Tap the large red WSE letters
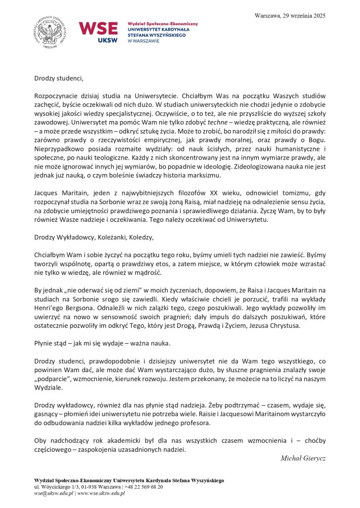coord(98,29)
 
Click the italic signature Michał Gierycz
coord(303,457)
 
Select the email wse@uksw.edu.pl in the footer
coord(53,493)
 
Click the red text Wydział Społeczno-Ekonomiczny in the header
coord(162,24)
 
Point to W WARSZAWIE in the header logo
coord(144,41)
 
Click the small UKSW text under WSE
coord(108,40)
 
